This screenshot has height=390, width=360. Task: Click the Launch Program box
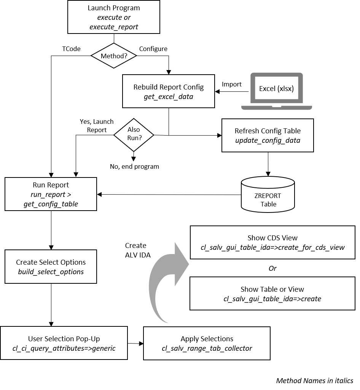pos(113,17)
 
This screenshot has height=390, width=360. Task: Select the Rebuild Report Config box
pos(168,91)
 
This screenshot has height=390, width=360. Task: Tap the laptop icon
pos(277,92)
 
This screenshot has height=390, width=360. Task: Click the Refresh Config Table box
pos(268,136)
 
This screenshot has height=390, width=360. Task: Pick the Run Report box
pos(51,194)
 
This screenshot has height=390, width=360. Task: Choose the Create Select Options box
pos(51,267)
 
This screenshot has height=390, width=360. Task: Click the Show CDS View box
pos(272,243)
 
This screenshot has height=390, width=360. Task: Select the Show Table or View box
pos(272,294)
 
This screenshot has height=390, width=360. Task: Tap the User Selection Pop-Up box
pos(64,343)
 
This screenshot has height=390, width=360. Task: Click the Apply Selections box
pos(207,343)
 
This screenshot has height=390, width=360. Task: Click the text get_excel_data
pos(168,97)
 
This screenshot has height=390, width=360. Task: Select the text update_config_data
pos(268,141)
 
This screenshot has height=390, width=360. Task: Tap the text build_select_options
pos(51,272)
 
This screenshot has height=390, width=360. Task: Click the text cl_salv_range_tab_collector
pos(207,348)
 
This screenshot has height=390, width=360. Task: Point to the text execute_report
pos(113,27)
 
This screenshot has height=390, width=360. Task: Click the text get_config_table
pos(51,204)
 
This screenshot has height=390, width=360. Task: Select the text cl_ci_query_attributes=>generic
pos(64,348)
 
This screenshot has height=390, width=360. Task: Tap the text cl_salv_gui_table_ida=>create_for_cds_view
pos(272,248)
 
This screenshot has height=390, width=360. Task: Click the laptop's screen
pos(277,89)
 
